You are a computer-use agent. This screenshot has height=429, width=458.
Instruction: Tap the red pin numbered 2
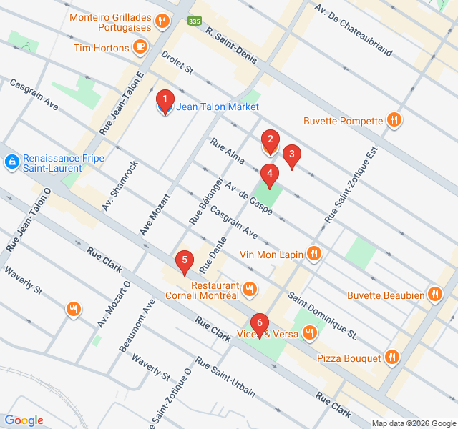click(269, 141)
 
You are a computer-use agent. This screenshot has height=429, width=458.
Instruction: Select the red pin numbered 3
click(291, 155)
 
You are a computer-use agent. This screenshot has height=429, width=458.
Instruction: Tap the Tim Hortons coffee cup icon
click(140, 48)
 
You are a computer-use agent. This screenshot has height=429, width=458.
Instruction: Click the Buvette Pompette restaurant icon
click(393, 121)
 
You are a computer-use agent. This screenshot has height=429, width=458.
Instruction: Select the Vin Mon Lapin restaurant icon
click(313, 253)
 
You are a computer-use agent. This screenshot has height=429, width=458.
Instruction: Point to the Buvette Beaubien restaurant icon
click(434, 295)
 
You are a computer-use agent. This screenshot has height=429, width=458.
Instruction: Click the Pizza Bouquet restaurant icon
click(391, 356)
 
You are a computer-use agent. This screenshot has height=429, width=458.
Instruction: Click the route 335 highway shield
click(194, 22)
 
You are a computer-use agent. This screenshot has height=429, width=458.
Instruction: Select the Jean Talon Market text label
click(218, 107)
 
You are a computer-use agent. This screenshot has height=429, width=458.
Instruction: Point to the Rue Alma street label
click(228, 153)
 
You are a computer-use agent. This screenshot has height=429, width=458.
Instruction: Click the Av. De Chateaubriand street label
click(354, 29)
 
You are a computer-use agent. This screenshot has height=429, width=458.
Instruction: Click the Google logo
click(24, 420)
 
